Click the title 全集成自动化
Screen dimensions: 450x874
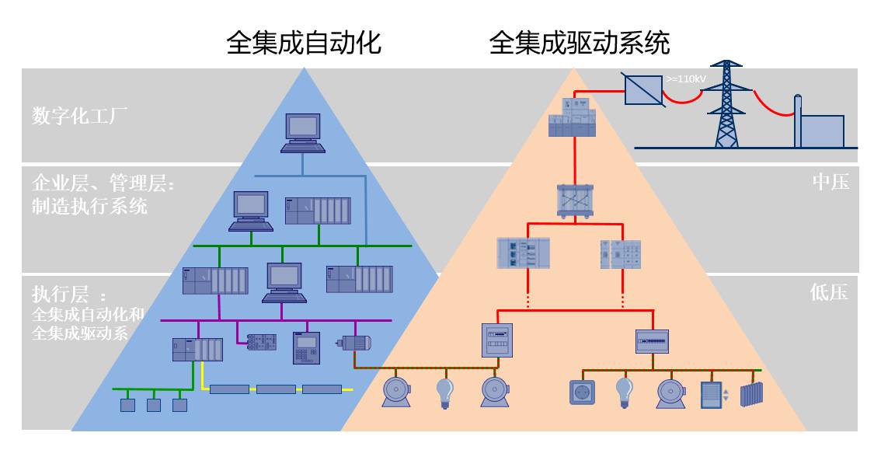pyautogui.click(x=304, y=43)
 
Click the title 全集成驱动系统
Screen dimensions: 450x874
pyautogui.click(x=579, y=43)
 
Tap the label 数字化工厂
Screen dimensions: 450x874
pyautogui.click(x=80, y=116)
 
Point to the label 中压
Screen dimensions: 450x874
pyautogui.click(x=830, y=182)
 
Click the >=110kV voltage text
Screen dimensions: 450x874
pyautogui.click(x=686, y=79)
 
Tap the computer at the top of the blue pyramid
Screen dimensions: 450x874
pyautogui.click(x=303, y=133)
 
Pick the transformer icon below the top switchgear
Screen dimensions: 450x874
pyautogui.click(x=575, y=200)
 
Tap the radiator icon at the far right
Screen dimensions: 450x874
pyautogui.click(x=751, y=393)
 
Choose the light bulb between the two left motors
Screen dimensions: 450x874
pyautogui.click(x=444, y=392)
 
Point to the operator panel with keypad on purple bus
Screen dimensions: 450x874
pyautogui.click(x=306, y=347)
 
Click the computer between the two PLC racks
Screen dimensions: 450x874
pyautogui.click(x=284, y=282)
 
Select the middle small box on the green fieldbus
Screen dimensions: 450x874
pyautogui.click(x=154, y=404)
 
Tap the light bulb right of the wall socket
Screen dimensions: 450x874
pyautogui.click(x=624, y=392)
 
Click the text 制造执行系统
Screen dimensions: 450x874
pyautogui.click(x=89, y=207)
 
